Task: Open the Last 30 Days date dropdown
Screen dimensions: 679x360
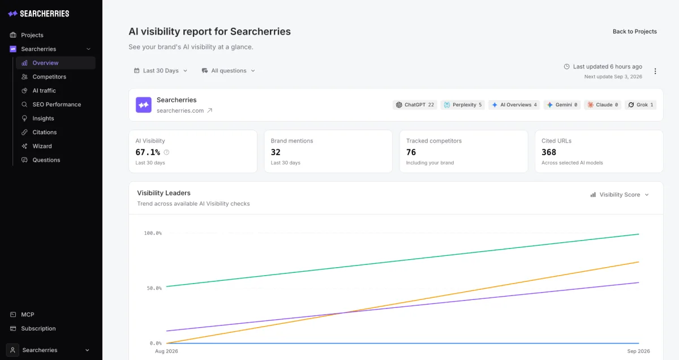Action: (x=161, y=71)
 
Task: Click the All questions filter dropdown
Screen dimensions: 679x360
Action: (x=229, y=71)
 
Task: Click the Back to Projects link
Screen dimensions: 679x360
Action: (x=634, y=32)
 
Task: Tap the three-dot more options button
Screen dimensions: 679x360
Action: (x=655, y=71)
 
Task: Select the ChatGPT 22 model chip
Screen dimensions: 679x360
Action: (x=415, y=105)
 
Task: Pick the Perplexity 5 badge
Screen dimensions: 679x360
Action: (x=463, y=105)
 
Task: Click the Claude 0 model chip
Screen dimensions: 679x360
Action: (x=603, y=105)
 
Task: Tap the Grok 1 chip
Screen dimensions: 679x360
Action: (x=641, y=105)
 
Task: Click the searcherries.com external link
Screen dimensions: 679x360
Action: (x=184, y=111)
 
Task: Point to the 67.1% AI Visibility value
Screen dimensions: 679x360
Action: (x=148, y=152)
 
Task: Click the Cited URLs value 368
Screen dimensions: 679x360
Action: (x=549, y=152)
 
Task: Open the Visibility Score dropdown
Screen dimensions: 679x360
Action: (x=620, y=195)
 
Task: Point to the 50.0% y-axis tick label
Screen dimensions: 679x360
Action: (x=154, y=289)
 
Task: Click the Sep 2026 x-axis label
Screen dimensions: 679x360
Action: (x=638, y=351)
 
